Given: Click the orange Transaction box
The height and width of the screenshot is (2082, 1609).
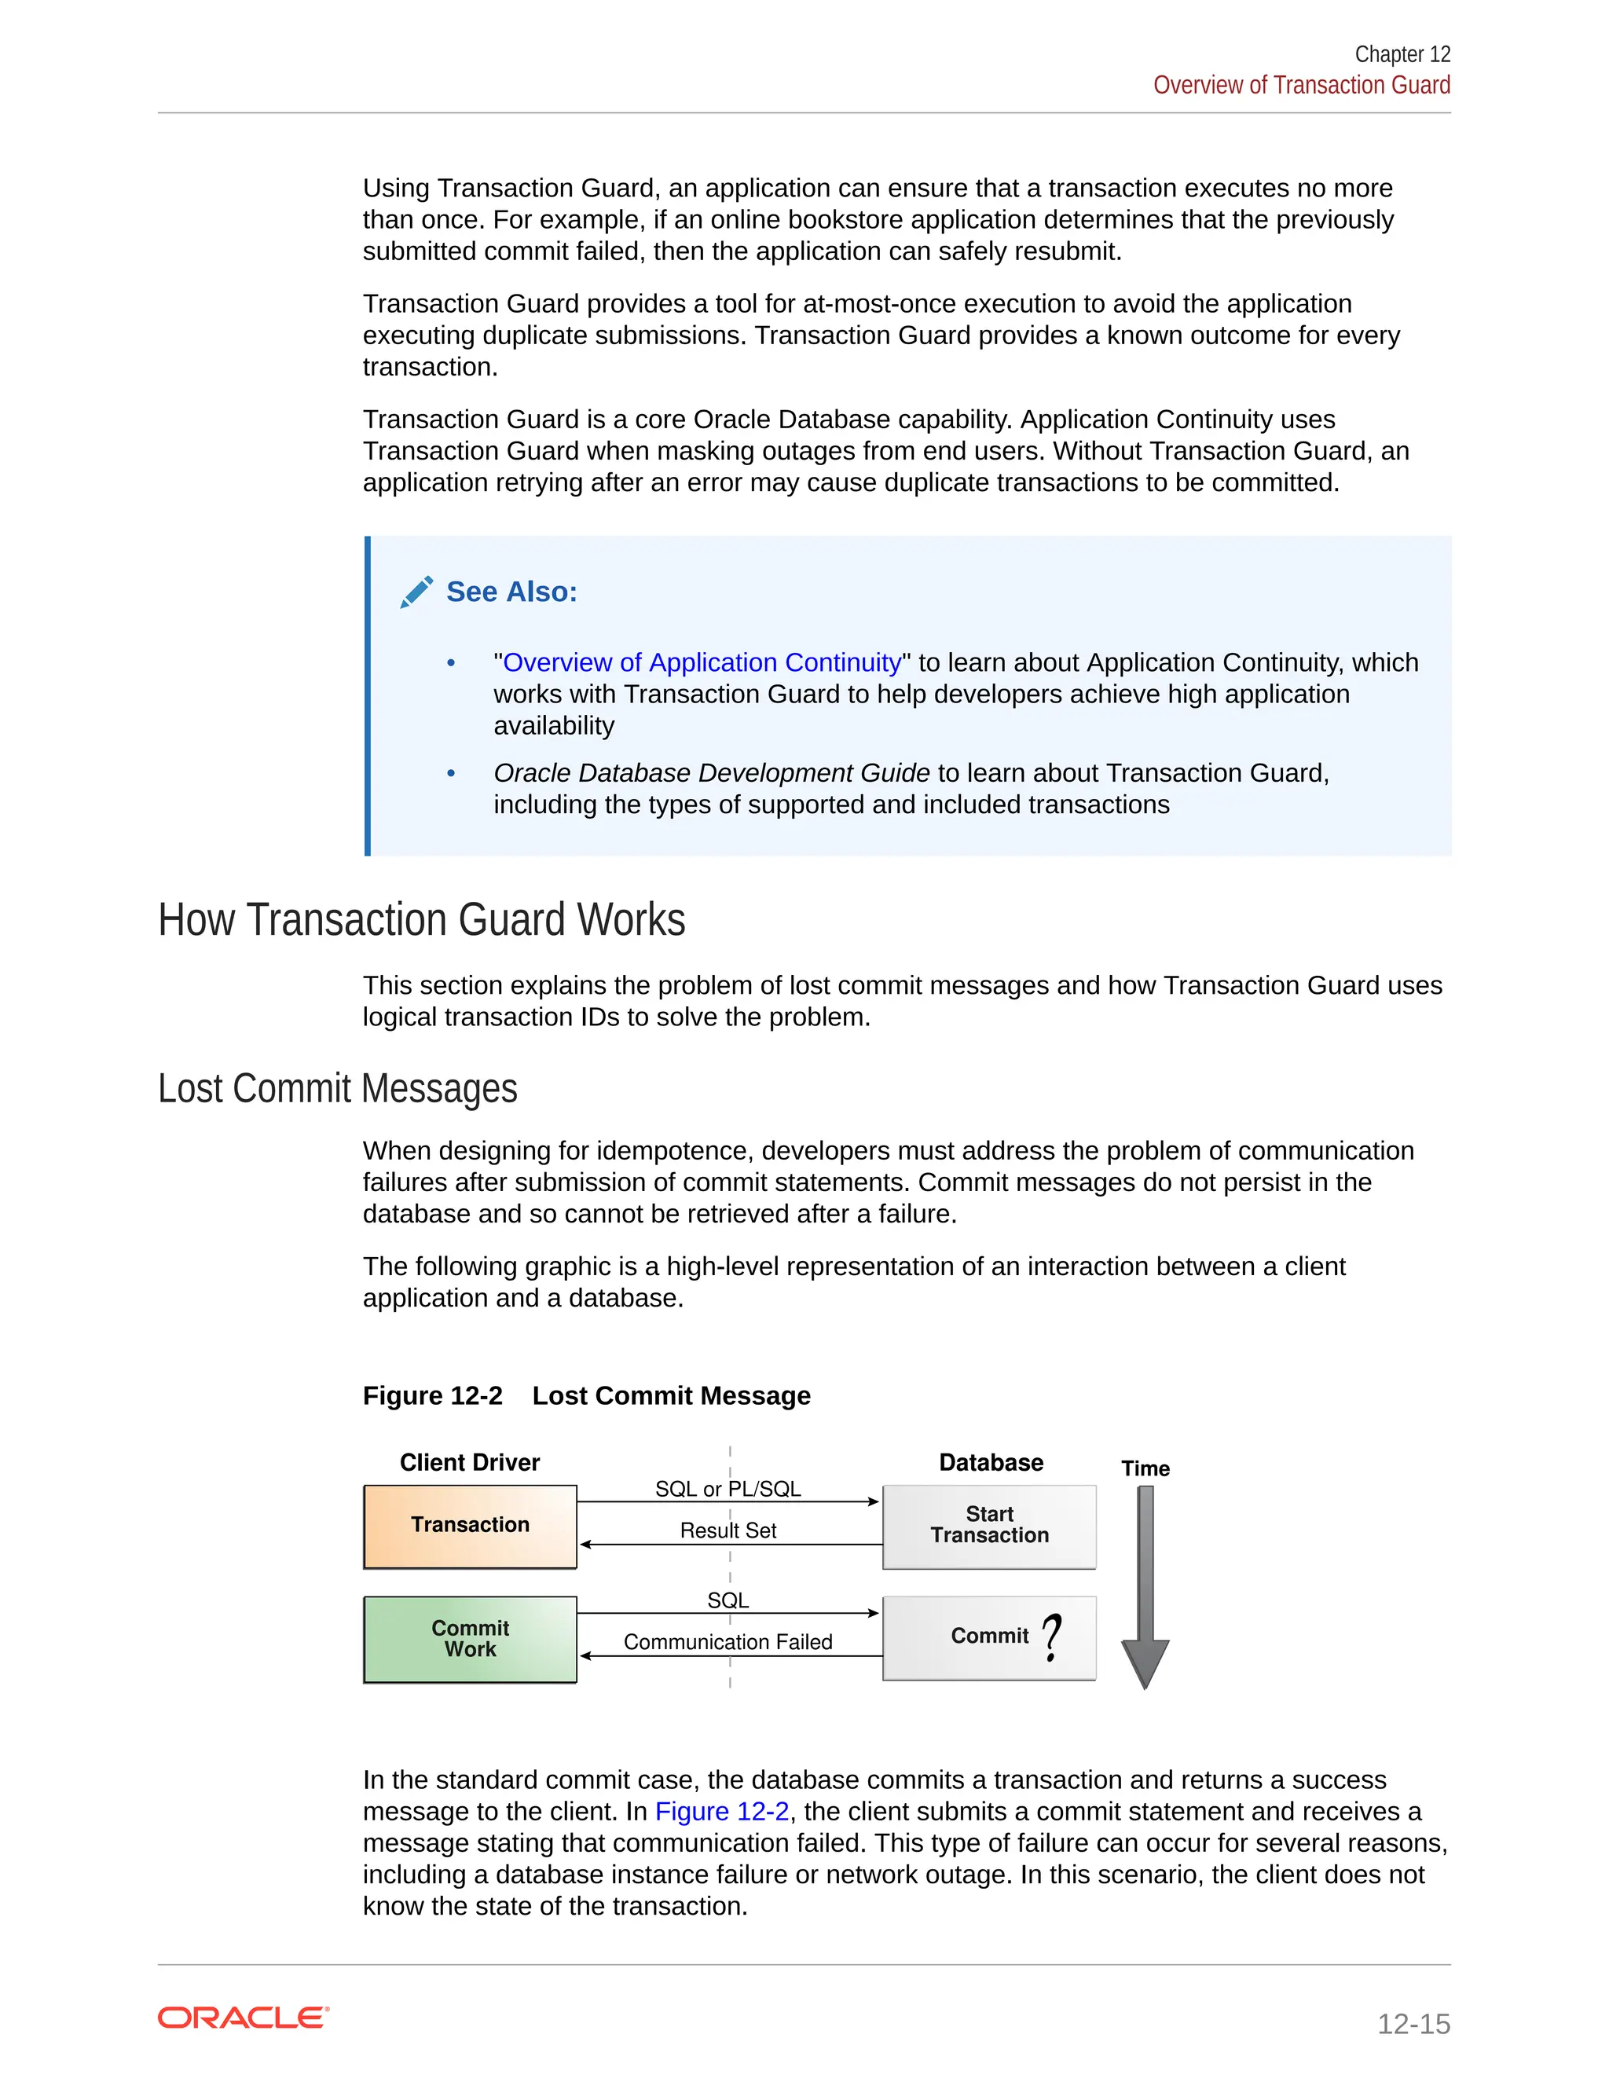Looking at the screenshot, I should coord(470,1525).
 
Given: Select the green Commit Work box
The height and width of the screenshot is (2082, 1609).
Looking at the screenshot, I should coord(470,1639).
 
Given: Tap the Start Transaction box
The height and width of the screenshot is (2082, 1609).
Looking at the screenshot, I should coord(988,1525).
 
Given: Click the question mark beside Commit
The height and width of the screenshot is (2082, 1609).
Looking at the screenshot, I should coord(1051,1637).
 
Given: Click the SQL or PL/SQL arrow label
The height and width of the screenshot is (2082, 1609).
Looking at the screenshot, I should coord(728,1489).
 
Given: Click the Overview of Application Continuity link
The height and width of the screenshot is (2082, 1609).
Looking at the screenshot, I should coord(702,662).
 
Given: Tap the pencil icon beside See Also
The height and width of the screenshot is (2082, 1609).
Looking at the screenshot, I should coord(416,592).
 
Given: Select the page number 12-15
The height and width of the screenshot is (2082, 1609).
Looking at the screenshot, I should coord(1413,2024).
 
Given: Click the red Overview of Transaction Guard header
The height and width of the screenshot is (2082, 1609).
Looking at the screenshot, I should coord(1301,86).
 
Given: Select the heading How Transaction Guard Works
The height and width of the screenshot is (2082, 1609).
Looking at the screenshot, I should coord(421,920).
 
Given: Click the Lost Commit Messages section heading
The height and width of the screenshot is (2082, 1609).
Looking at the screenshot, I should coord(337,1089).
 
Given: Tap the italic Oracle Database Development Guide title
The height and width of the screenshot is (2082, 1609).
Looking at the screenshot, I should coord(711,773).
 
